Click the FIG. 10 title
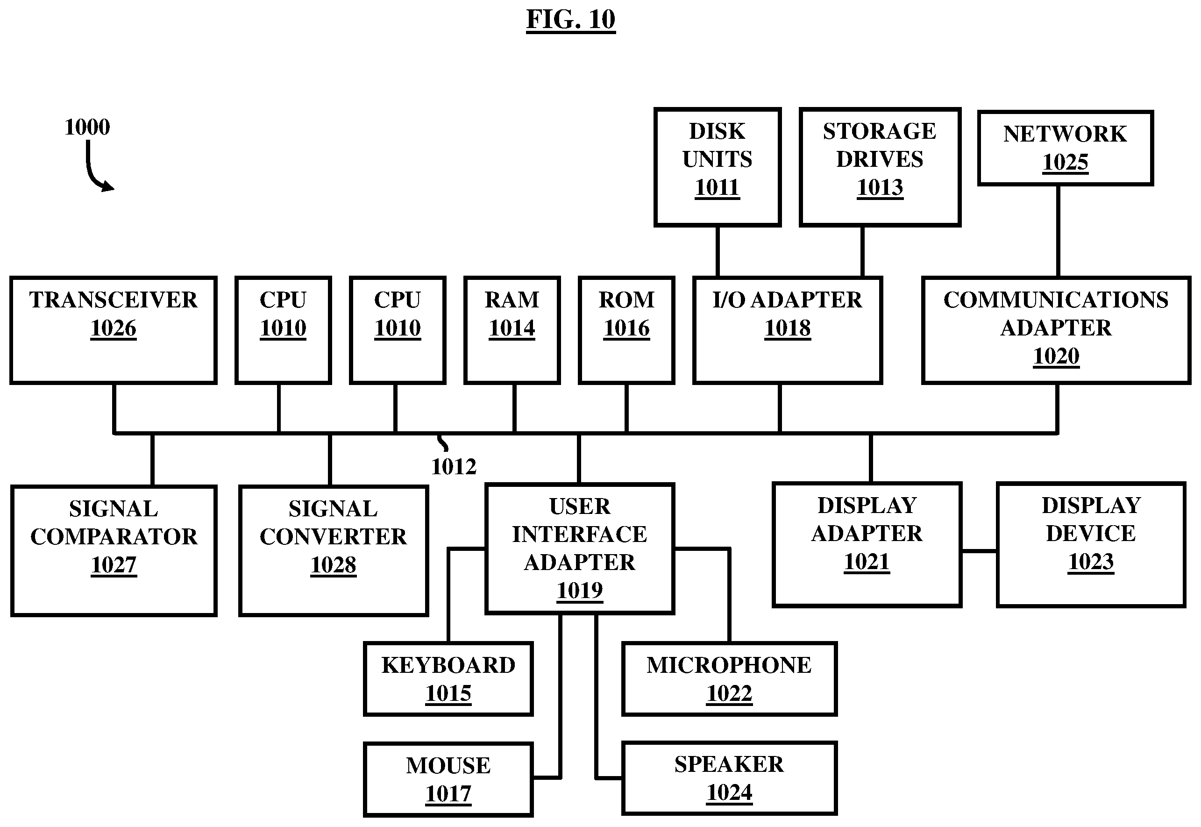point(570,20)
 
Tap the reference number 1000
point(87,127)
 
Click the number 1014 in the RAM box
point(512,328)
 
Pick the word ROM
point(626,300)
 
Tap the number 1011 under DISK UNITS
point(717,187)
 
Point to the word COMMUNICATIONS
point(1056,300)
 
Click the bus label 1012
point(454,467)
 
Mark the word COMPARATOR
point(114,537)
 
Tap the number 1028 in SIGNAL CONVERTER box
point(333,565)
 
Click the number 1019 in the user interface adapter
point(580,591)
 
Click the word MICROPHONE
point(729,665)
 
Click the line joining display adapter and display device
point(979,551)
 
